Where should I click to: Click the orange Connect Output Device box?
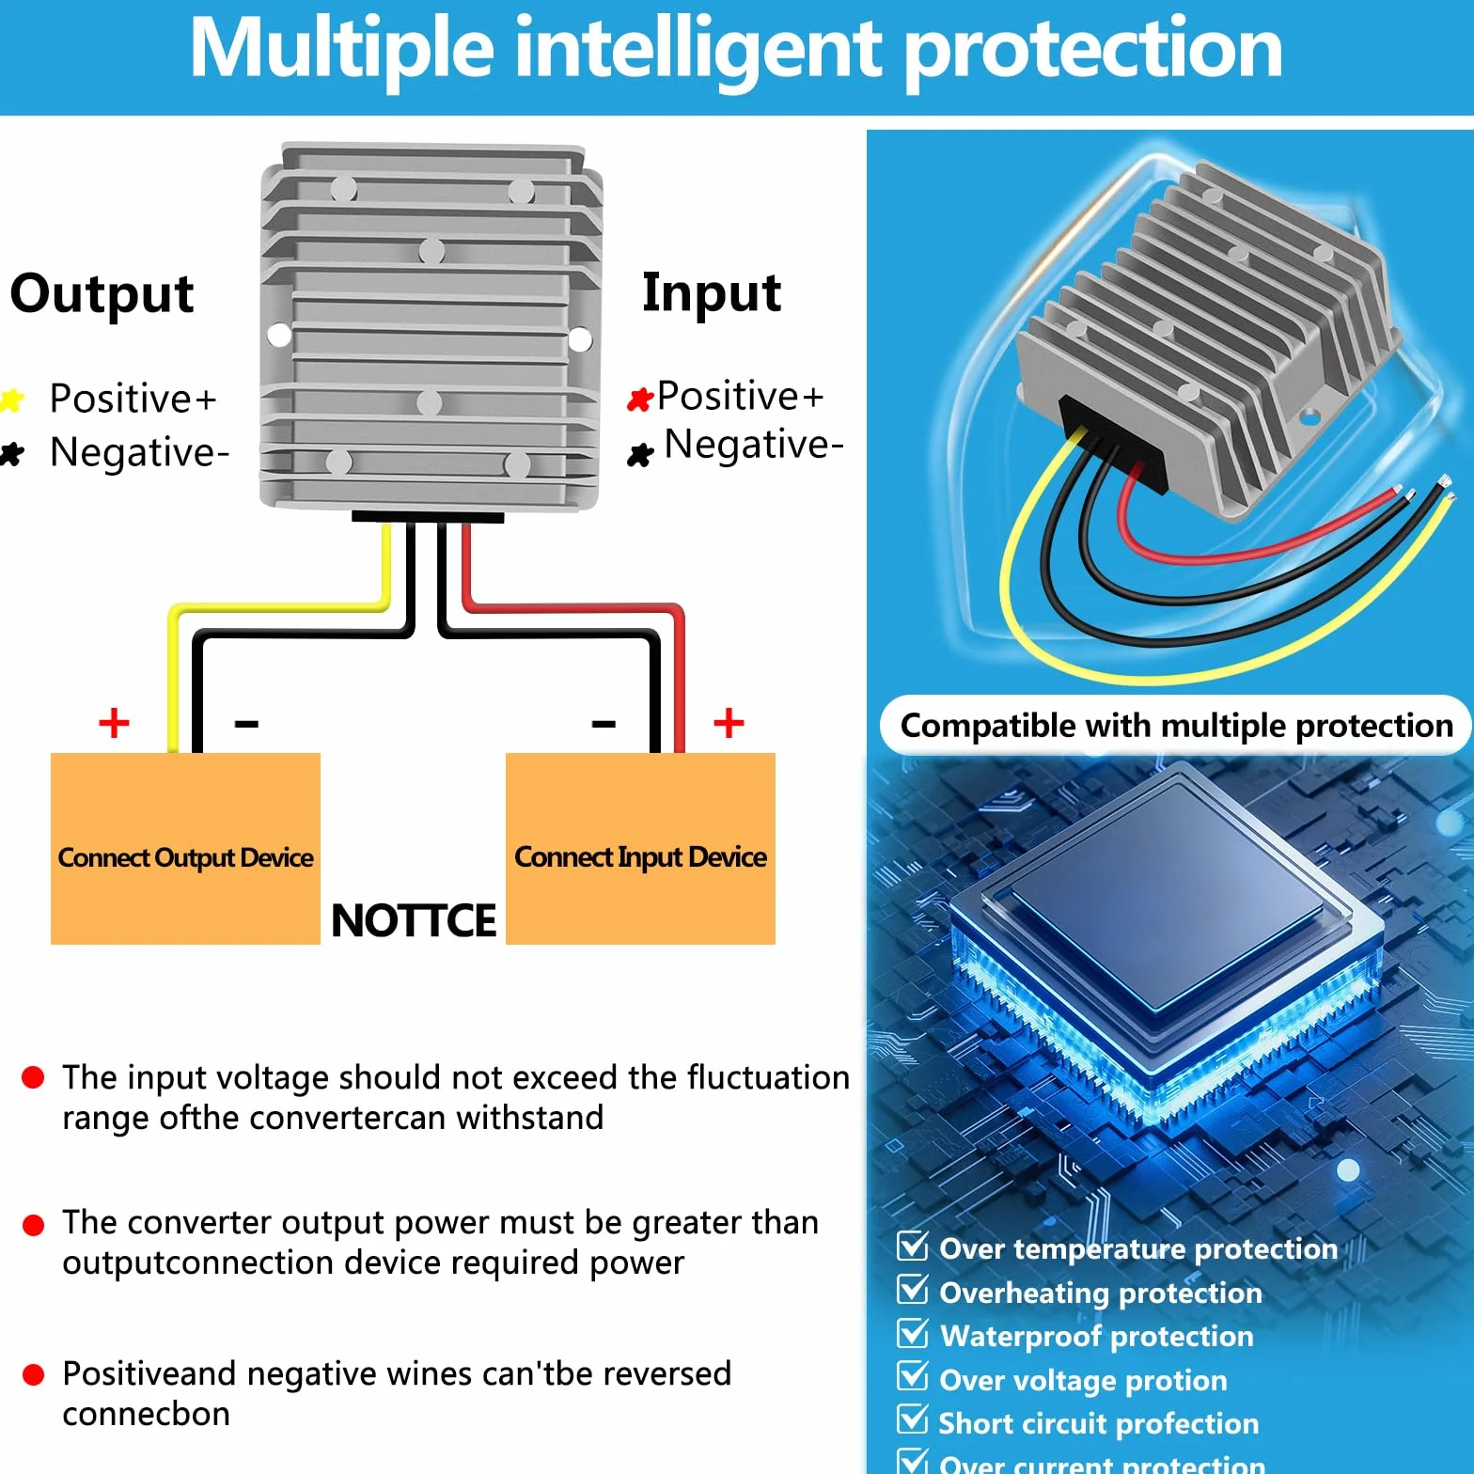tap(185, 848)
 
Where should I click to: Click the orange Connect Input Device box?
tap(640, 848)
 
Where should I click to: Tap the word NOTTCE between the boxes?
tap(414, 920)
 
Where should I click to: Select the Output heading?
tap(102, 294)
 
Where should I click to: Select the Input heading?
tap(712, 294)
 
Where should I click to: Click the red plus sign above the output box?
tap(114, 723)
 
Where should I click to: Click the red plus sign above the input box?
tap(729, 723)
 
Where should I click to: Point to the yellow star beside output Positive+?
tap(11, 400)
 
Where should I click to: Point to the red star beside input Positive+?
tap(640, 400)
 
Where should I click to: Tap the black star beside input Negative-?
tap(640, 455)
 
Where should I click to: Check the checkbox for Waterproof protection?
tap(913, 1333)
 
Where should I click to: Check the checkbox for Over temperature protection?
tap(913, 1246)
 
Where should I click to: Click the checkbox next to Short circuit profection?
tap(913, 1419)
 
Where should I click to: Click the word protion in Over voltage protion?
tap(1176, 1381)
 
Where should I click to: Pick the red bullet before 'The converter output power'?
tap(33, 1225)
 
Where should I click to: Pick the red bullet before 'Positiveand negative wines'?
tap(33, 1375)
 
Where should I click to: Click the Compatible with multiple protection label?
tap(1176, 726)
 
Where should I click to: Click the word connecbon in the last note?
tap(146, 1414)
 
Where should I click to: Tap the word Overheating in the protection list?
tap(1025, 1294)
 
